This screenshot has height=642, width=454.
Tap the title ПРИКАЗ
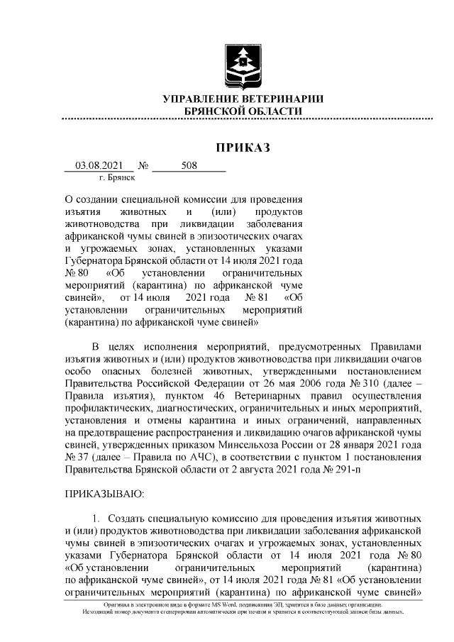243,148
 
